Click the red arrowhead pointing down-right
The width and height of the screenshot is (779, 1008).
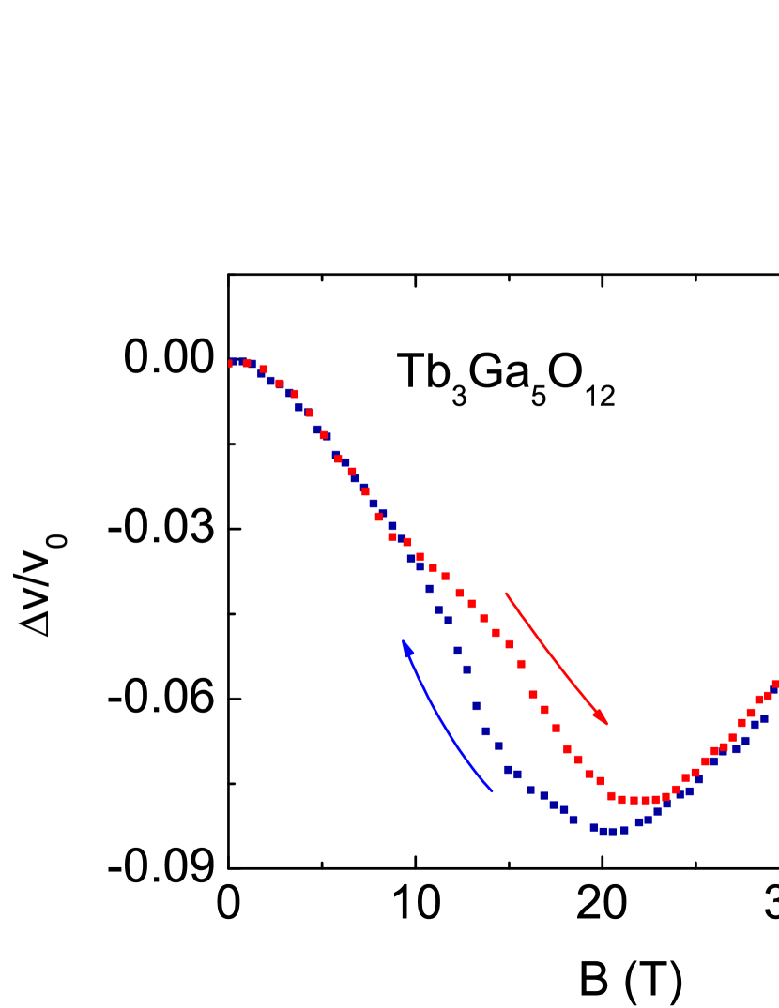602,717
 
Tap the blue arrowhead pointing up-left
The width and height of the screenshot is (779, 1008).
406,647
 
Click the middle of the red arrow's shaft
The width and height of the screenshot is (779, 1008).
554,655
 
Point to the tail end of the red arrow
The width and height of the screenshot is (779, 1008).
506,593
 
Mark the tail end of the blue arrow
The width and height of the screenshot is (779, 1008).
492,791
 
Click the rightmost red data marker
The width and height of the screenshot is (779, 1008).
775,685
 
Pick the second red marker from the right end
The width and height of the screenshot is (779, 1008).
768,696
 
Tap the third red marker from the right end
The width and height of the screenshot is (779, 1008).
759,700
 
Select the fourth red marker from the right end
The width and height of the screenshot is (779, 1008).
751,713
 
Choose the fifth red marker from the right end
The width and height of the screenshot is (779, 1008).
741,723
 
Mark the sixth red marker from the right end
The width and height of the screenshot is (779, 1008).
733,737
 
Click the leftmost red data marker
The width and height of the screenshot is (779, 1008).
231,364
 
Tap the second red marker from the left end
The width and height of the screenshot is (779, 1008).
247,363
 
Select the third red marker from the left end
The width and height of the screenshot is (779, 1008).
264,369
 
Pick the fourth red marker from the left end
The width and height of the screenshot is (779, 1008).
279,384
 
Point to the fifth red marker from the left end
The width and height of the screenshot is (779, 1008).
294,394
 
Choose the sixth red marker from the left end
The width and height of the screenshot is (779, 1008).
309,413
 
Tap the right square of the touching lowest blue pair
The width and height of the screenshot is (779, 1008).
613,831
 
